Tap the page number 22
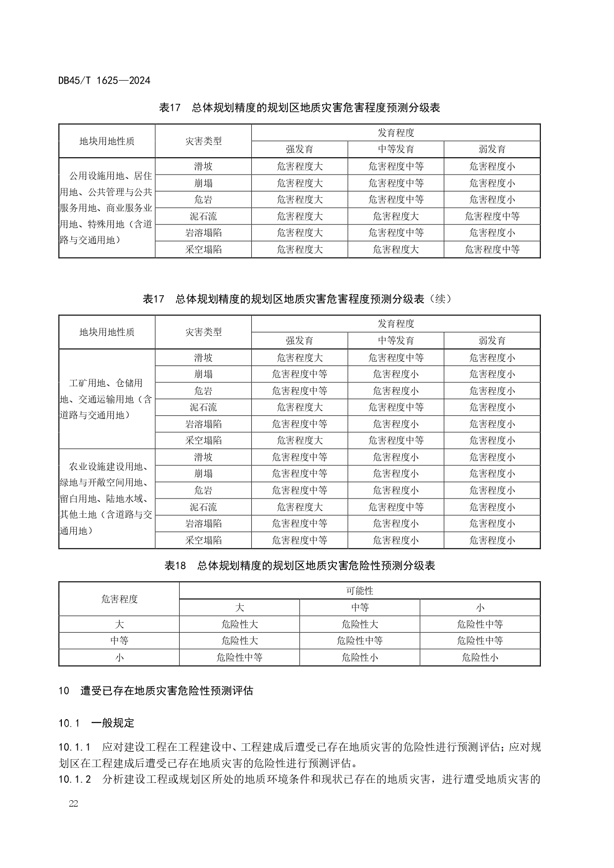click(73, 803)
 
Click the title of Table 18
click(299, 566)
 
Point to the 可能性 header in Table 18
click(359, 591)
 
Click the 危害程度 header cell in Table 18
click(119, 599)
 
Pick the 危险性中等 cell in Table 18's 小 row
click(239, 657)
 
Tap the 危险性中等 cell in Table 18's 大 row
click(479, 624)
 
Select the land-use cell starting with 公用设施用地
click(106, 208)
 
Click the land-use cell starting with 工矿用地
click(106, 399)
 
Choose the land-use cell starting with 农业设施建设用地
click(106, 499)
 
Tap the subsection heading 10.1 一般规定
click(96, 723)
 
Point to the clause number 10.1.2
click(75, 779)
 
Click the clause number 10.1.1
click(75, 747)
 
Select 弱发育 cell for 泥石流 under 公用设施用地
click(492, 216)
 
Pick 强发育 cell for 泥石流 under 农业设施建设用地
click(299, 507)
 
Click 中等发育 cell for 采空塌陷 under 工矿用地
click(395, 440)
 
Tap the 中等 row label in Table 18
click(119, 640)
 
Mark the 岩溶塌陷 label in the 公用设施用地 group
click(203, 232)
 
